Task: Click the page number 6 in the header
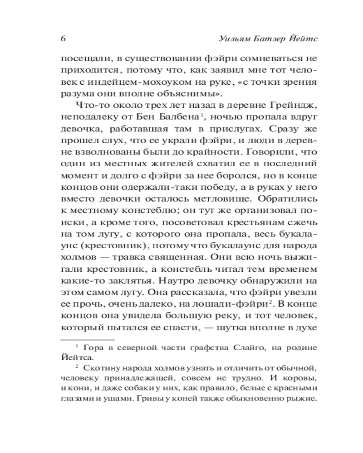tap(63, 39)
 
